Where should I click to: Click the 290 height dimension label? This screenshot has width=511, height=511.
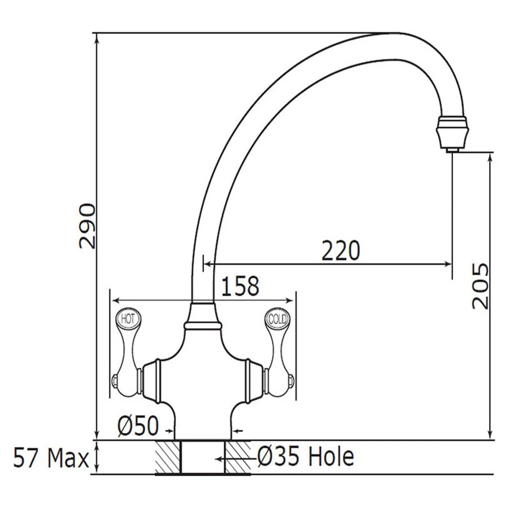tap(87, 226)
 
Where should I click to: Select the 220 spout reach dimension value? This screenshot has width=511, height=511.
tap(341, 250)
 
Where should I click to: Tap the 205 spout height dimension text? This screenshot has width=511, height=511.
tap(480, 286)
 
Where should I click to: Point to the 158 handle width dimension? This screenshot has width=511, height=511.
tap(240, 287)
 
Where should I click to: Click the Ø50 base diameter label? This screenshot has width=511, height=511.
tap(137, 425)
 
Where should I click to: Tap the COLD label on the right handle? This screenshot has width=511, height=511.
tap(278, 319)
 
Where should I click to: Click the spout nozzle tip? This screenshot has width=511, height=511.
tap(451, 148)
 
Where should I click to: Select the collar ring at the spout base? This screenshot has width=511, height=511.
tap(202, 323)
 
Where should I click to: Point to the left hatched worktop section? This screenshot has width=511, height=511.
tap(168, 457)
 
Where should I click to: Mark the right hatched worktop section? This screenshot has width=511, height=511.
tap(237, 457)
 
